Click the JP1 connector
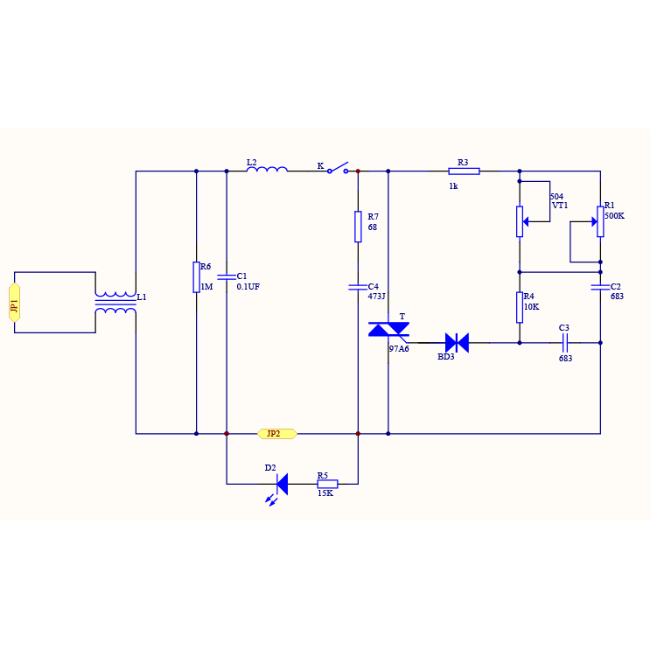(x=14, y=302)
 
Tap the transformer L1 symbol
(x=115, y=302)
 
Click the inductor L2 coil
(x=267, y=170)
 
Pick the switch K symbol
(x=338, y=168)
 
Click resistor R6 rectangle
(x=196, y=276)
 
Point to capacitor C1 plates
(x=227, y=276)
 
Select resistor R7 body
(x=358, y=226)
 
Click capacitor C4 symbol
(x=358, y=286)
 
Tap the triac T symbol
(x=388, y=329)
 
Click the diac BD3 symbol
(x=457, y=342)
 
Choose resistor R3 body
(x=464, y=171)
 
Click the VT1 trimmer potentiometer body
(x=520, y=221)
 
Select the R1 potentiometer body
(x=600, y=220)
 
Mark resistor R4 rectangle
(x=520, y=307)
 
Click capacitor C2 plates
(x=600, y=286)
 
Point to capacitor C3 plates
(x=564, y=342)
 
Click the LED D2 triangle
(x=282, y=483)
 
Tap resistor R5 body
(x=327, y=483)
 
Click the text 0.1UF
(x=248, y=287)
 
